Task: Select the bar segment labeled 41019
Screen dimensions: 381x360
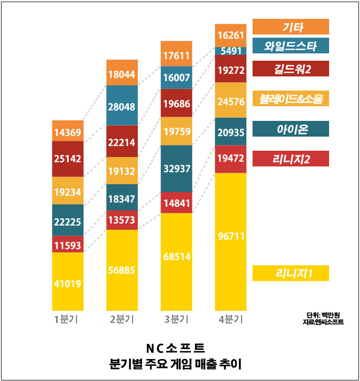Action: point(68,284)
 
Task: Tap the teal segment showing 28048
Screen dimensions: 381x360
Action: point(122,106)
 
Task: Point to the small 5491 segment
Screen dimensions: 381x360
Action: point(231,51)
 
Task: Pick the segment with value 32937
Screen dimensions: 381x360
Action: point(177,169)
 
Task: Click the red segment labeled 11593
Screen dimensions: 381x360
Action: point(68,244)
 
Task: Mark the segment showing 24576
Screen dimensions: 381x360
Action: point(231,99)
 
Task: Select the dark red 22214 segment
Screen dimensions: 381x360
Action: point(122,141)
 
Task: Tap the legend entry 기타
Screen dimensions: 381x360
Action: point(290,27)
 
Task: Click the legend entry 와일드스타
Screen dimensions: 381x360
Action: point(290,46)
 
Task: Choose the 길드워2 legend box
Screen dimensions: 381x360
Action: point(290,69)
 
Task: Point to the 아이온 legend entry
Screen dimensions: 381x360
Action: point(290,129)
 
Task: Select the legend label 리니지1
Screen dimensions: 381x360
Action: point(290,273)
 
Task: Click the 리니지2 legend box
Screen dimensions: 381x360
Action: point(290,159)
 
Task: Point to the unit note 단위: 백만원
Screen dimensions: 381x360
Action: point(325,315)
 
